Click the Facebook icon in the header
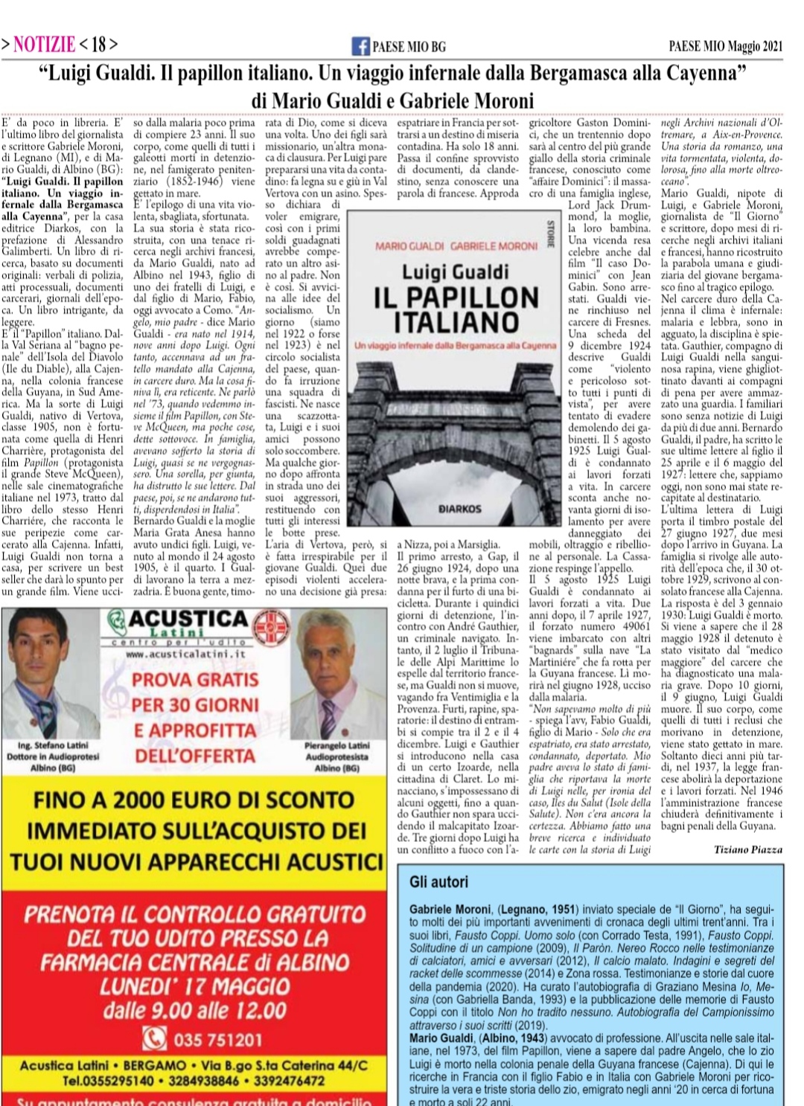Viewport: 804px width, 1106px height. (360, 46)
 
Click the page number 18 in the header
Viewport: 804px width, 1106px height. (98, 45)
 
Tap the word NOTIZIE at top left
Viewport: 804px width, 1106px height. (45, 45)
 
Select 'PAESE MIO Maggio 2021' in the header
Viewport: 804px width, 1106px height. (725, 46)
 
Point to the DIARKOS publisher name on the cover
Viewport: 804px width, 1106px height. (459, 509)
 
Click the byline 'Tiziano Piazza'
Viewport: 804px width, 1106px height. (747, 849)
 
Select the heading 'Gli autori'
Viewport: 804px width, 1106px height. (439, 882)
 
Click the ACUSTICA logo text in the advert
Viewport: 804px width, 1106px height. (188, 619)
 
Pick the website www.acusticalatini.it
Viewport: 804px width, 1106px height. (185, 654)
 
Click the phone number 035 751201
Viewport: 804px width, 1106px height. (217, 1039)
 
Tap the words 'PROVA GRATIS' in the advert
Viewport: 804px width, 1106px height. (195, 680)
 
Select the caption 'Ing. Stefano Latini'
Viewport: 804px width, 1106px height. (52, 745)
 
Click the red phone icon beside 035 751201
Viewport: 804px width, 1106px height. (155, 1038)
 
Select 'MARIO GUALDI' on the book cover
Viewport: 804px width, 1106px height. (409, 246)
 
